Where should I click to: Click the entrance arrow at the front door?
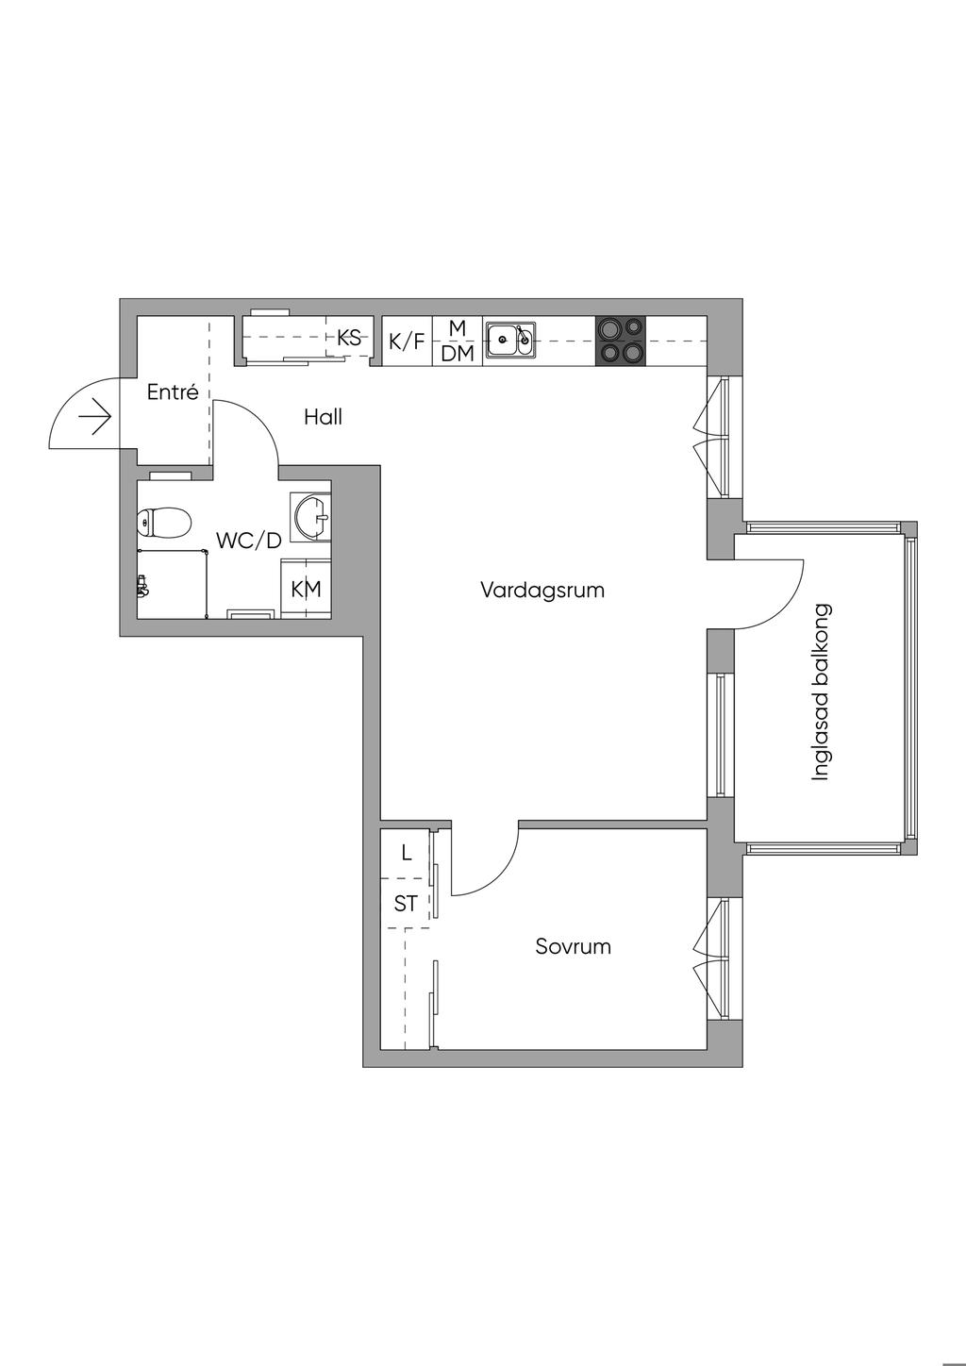[x=96, y=416]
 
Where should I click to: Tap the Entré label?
[x=173, y=392]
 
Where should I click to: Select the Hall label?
[x=323, y=417]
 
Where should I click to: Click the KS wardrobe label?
[x=349, y=337]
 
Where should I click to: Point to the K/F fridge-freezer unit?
[x=407, y=341]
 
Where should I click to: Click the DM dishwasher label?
[x=458, y=354]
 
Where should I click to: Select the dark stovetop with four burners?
[x=621, y=341]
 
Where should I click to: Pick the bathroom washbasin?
[x=312, y=516]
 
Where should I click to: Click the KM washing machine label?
[x=306, y=590]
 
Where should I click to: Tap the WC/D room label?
[x=249, y=541]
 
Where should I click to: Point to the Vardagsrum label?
[x=542, y=591]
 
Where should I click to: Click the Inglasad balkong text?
[x=821, y=692]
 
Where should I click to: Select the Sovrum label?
[x=573, y=946]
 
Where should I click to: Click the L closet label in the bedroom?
[x=407, y=854]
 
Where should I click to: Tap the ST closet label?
[x=406, y=904]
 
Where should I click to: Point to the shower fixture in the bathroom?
[x=142, y=587]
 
